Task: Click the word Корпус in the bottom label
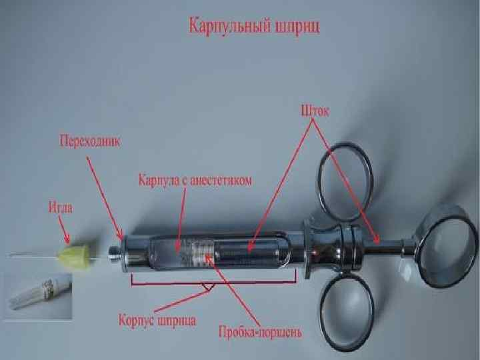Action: (137, 320)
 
